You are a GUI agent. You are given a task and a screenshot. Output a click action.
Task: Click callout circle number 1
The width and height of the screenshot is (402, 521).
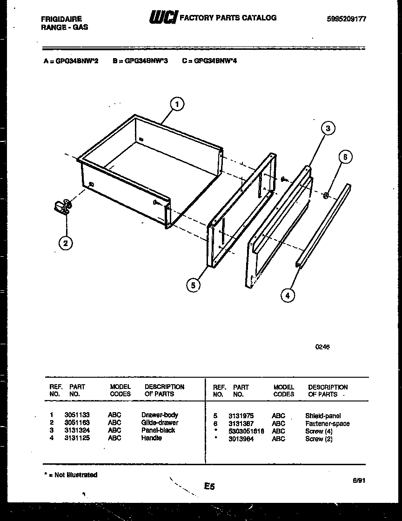(x=177, y=104)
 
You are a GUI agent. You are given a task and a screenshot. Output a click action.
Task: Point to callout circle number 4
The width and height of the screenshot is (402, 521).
(x=288, y=295)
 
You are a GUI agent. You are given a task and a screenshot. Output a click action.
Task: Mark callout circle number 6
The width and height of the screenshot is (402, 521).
(x=345, y=157)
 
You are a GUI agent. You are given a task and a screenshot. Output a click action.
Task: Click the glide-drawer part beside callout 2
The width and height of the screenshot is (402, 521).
(x=62, y=206)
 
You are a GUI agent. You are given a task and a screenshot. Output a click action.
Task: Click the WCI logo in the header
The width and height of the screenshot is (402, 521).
(x=162, y=18)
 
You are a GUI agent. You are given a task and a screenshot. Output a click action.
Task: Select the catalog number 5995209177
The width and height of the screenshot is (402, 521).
(x=347, y=19)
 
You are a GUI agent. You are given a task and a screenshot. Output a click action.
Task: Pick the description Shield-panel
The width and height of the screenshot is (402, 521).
(x=323, y=416)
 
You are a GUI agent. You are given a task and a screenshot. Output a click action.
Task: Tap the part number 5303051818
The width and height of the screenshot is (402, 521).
(x=246, y=431)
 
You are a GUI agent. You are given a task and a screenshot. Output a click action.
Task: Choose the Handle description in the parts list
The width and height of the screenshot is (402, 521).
(x=152, y=438)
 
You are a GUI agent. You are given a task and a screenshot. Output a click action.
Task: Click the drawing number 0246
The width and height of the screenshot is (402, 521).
(x=323, y=347)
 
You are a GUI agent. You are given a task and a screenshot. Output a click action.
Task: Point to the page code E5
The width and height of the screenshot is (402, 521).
(x=209, y=487)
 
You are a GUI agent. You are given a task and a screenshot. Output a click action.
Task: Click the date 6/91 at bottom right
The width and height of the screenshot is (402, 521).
(x=359, y=481)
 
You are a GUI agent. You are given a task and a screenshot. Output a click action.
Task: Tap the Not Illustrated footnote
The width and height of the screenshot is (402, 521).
(x=71, y=475)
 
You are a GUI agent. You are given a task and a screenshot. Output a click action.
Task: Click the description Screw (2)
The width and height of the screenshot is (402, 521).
(x=319, y=439)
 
